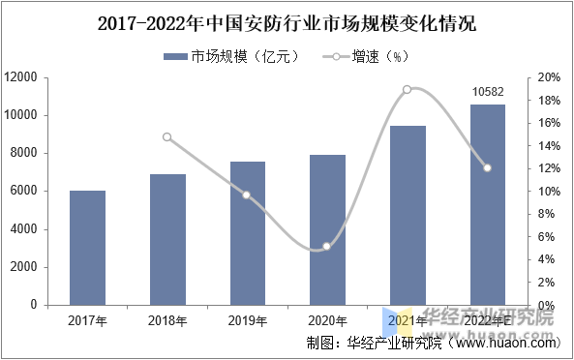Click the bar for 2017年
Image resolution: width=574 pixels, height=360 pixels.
click(87, 248)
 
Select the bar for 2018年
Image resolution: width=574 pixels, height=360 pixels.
click(167, 239)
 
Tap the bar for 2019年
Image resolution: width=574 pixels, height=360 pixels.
click(247, 233)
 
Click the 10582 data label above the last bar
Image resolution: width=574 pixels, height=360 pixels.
click(488, 92)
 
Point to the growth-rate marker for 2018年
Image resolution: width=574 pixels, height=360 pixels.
click(167, 137)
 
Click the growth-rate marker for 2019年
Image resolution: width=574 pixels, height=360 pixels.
click(247, 195)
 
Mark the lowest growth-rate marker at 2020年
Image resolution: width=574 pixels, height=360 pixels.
click(327, 247)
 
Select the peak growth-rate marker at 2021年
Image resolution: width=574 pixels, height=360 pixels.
click(408, 89)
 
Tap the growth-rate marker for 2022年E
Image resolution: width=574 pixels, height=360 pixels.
click(488, 167)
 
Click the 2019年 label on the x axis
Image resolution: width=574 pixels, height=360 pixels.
click(247, 320)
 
